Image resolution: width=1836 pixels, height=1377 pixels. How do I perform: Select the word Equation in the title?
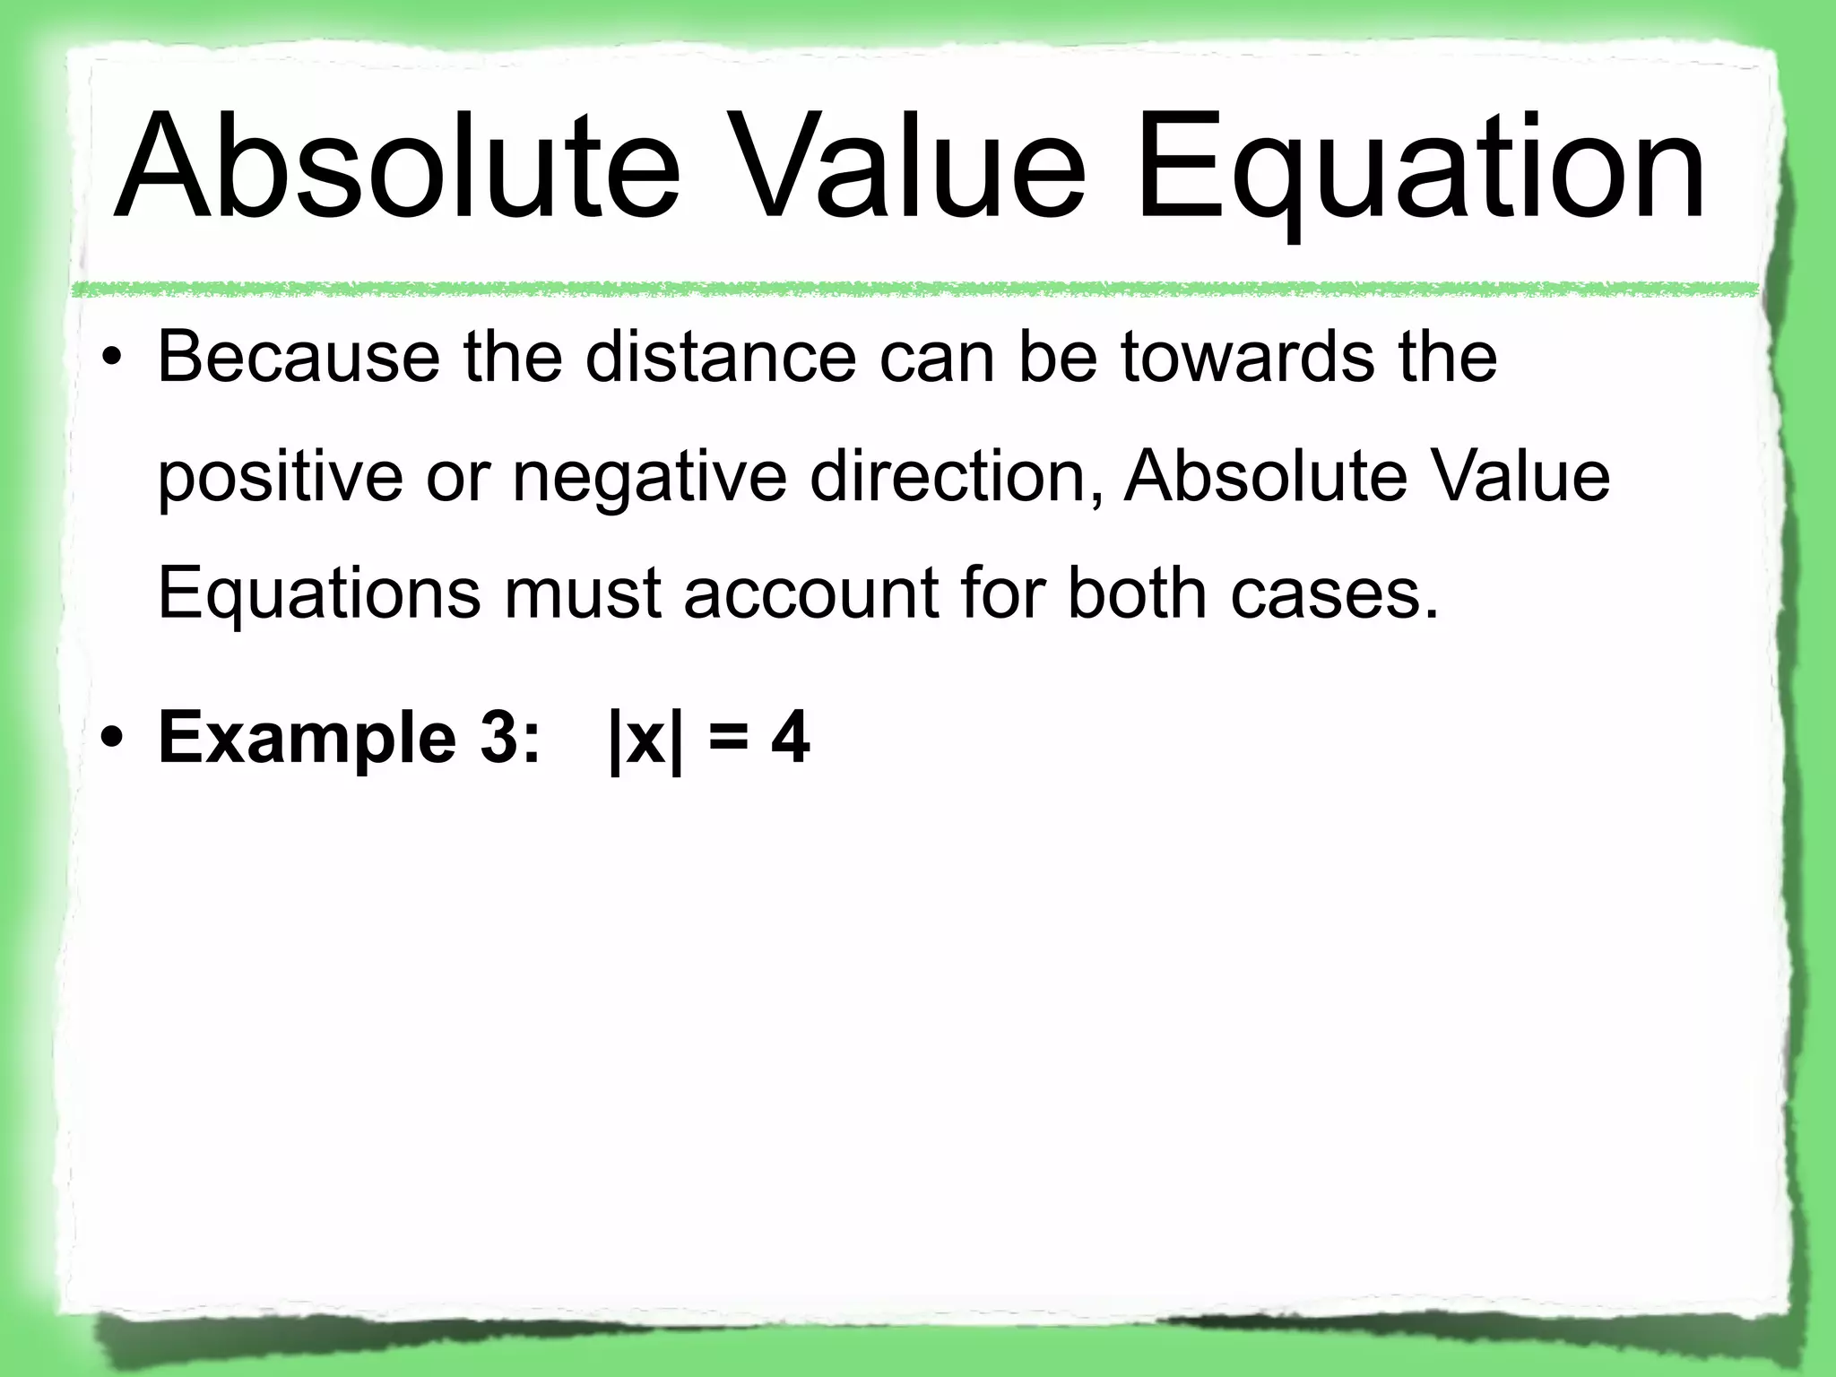click(x=1420, y=170)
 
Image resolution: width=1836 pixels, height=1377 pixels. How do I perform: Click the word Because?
click(x=299, y=358)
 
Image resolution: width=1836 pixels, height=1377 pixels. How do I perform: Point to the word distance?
click(x=721, y=358)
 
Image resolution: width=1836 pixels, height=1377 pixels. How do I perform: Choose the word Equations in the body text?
click(x=319, y=593)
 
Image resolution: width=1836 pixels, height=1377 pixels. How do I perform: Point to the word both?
click(x=1138, y=593)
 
